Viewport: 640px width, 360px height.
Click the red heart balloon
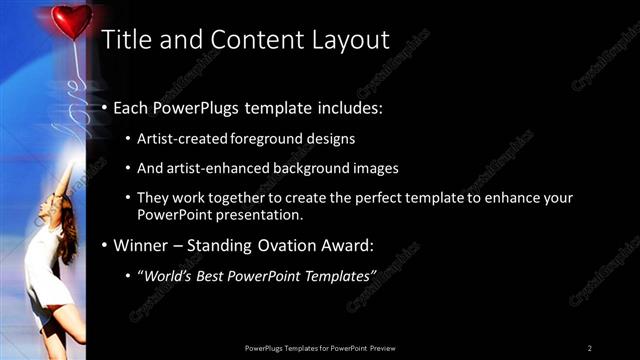71,20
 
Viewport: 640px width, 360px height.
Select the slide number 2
590,347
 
